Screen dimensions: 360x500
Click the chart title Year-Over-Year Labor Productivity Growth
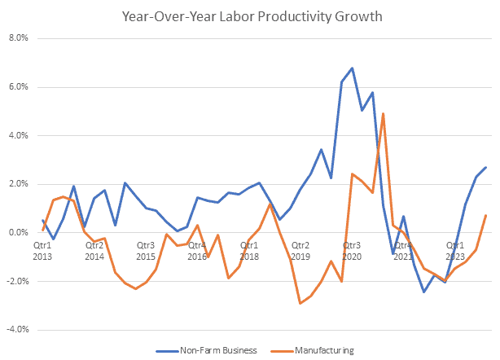tap(249, 15)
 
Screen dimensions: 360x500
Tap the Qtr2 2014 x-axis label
tap(94, 250)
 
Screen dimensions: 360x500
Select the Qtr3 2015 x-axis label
tap(145, 250)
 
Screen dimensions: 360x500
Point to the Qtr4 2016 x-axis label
tap(196, 250)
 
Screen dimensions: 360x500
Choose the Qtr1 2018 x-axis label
tap(248, 250)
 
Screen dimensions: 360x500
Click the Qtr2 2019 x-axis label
tap(300, 250)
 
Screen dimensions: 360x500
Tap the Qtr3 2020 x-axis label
tap(351, 250)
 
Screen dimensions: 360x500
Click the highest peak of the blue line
tap(352, 68)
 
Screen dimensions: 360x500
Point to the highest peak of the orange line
tap(383, 114)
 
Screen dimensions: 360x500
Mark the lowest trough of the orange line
tap(300, 303)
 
